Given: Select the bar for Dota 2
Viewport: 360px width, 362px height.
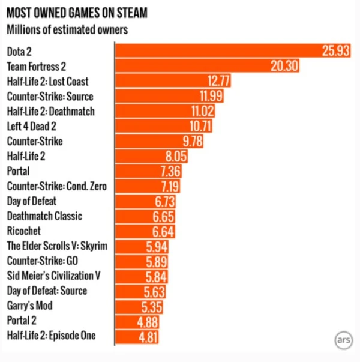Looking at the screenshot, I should coord(232,51).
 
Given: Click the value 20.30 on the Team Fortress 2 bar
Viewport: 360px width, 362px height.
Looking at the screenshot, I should coord(284,66).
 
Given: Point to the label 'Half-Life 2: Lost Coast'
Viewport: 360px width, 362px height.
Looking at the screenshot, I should coord(50,81).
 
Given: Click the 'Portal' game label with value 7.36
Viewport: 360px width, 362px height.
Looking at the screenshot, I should coord(19,171).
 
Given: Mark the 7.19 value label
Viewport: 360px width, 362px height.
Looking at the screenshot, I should coord(169,186).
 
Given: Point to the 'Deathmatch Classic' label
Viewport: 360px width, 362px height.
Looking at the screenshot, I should coord(44,216).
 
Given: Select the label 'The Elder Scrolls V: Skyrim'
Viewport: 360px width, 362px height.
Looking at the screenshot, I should coord(58,246).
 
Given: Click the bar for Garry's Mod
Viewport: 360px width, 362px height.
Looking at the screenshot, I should coord(138,306).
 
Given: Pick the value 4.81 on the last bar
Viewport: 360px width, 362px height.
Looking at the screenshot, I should coord(148,336).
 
